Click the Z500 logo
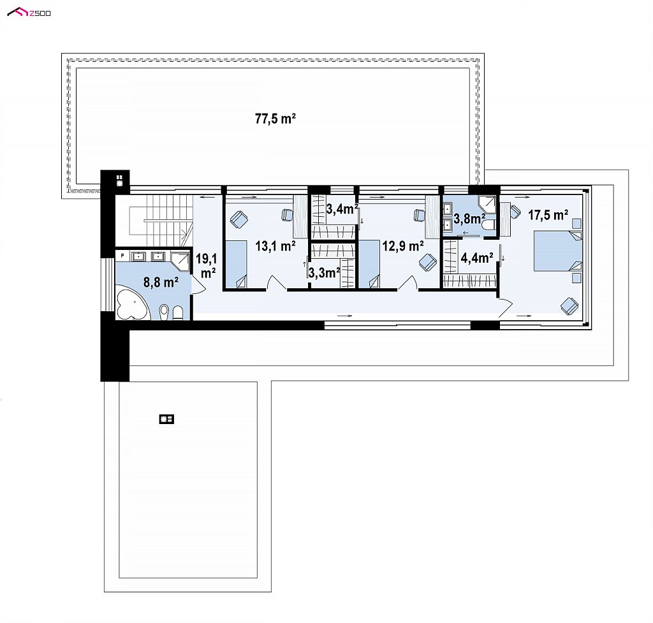(x=29, y=13)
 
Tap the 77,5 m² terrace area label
(x=275, y=119)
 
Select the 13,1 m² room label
(x=275, y=246)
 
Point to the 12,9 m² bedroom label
(x=403, y=246)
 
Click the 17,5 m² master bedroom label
(x=548, y=215)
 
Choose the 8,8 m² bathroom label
(x=161, y=282)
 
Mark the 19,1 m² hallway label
(x=207, y=266)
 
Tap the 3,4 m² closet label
(x=342, y=209)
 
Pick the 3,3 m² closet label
(x=324, y=273)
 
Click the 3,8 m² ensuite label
(x=469, y=218)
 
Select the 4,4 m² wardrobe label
(x=477, y=258)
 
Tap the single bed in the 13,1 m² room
(x=236, y=265)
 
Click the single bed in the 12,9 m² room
(x=369, y=264)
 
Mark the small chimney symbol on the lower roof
(x=166, y=419)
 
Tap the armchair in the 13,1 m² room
(x=239, y=219)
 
